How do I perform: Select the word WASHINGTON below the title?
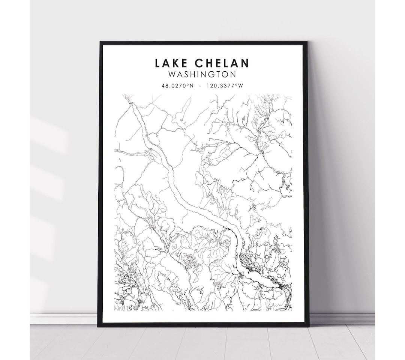[x=202, y=74]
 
